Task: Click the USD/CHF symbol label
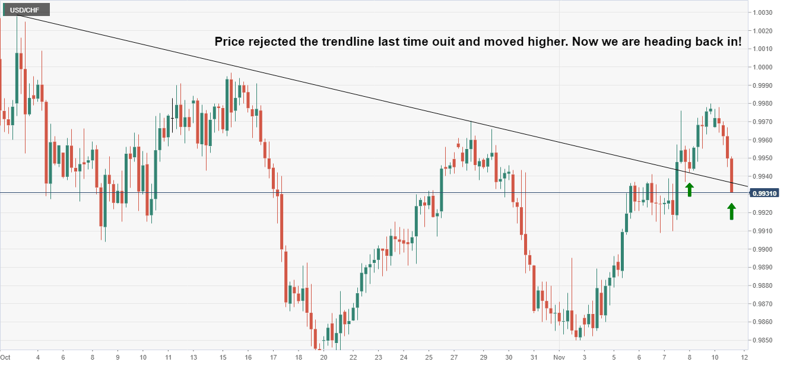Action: point(25,9)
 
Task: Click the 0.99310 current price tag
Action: point(765,193)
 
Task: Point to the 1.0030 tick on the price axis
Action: point(763,12)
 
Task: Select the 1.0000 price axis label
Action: point(763,67)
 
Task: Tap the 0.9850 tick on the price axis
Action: point(763,340)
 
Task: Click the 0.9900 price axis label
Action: point(763,249)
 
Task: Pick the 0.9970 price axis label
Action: point(763,122)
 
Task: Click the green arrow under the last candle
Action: point(731,211)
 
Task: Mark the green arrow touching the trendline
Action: point(689,189)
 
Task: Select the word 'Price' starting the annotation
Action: point(229,42)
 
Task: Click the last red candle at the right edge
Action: point(732,175)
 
